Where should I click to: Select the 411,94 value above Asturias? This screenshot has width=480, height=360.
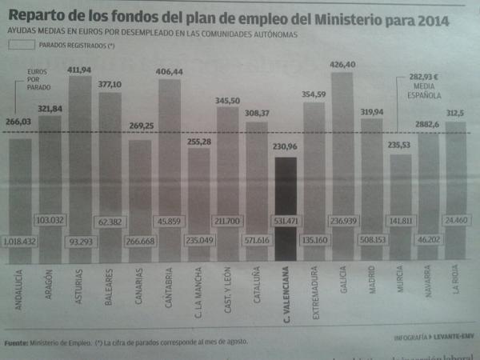80,70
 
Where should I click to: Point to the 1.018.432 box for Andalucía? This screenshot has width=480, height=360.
21,240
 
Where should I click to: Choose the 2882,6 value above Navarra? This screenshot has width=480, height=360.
427,126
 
